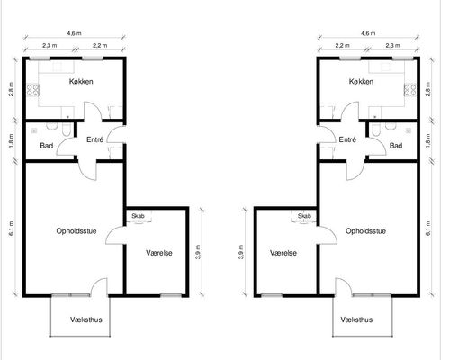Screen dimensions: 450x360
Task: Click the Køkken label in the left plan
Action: pos(81,81)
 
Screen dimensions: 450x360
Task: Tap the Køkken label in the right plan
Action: pos(361,81)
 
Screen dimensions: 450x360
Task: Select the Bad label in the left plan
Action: pos(47,146)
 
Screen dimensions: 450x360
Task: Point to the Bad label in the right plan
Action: pos(396,146)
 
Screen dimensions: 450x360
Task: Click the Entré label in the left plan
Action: pos(94,139)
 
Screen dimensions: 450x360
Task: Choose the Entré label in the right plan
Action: pos(347,139)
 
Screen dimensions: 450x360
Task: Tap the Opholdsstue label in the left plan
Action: pos(76,231)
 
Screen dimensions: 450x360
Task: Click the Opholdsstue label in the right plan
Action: pos(365,231)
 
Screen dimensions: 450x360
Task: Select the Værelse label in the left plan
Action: pos(159,253)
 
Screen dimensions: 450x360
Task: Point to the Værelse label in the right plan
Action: pos(283,253)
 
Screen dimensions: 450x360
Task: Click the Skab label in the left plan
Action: pos(138,216)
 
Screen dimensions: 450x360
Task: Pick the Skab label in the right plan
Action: pos(304,216)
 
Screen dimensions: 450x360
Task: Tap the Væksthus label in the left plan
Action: pos(86,319)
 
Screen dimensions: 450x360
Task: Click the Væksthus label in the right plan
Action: pos(356,319)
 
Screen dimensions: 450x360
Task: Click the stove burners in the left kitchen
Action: pos(33,90)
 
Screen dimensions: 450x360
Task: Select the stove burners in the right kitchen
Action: pos(410,90)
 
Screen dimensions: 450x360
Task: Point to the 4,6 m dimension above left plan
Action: pos(74,33)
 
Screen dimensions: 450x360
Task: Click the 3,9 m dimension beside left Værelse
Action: pos(198,252)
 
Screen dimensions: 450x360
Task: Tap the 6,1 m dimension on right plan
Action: pos(427,229)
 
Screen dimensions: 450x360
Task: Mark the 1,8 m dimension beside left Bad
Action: pos(12,140)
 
